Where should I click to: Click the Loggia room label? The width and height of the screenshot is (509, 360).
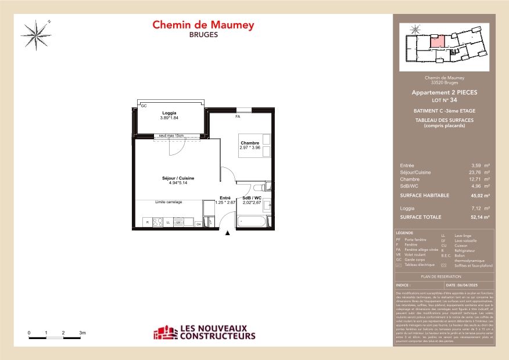click(169, 113)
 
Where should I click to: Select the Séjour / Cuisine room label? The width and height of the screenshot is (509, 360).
click(178, 178)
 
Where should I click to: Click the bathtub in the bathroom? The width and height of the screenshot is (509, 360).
click(252, 221)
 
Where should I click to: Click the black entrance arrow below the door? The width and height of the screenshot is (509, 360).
click(227, 233)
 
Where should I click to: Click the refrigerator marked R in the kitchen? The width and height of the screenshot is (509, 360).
click(148, 222)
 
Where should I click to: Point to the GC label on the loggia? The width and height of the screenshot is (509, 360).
click(144, 106)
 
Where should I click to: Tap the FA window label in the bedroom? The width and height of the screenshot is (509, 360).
click(237, 116)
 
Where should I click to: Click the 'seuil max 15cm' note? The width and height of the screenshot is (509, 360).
click(169, 136)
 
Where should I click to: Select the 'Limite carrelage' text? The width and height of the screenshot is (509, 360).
click(169, 202)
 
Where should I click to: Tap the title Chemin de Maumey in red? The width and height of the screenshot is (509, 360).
click(203, 25)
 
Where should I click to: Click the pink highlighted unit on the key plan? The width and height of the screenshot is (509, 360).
click(438, 41)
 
